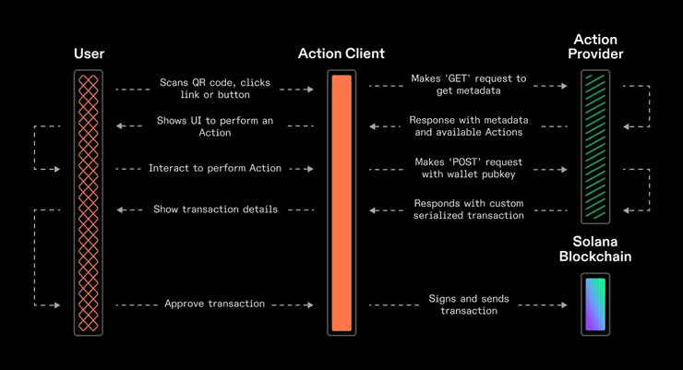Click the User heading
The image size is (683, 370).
tap(89, 54)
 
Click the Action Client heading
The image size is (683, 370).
tap(341, 54)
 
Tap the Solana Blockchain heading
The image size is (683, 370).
tap(595, 249)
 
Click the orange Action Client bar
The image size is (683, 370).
tap(341, 203)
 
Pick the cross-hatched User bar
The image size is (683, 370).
tap(89, 203)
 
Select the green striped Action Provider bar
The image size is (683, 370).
tap(595, 147)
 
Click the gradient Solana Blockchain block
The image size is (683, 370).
tap(595, 304)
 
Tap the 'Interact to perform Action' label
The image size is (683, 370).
tap(215, 169)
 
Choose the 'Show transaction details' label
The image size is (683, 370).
tap(215, 209)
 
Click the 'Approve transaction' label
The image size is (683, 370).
tap(215, 304)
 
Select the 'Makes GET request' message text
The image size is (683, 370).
tap(469, 85)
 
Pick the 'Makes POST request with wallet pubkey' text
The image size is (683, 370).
tap(469, 169)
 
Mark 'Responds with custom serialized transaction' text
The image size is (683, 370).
tap(469, 209)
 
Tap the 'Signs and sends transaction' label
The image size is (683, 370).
tap(469, 304)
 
